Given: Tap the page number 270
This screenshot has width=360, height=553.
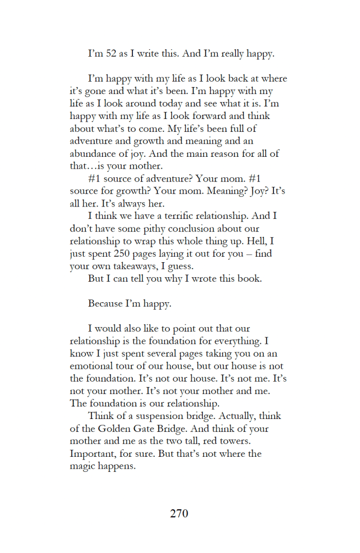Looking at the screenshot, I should pyautogui.click(x=179, y=514).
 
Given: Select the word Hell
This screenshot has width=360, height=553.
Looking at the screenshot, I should pyautogui.click(x=264, y=241).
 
